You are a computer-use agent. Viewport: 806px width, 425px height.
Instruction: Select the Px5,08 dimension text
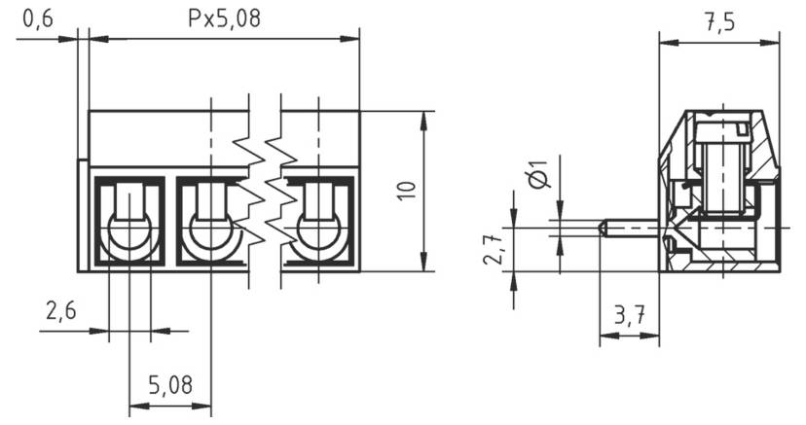(224, 19)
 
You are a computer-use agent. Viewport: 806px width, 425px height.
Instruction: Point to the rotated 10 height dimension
(408, 190)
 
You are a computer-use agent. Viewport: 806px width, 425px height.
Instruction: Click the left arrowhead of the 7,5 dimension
(665, 41)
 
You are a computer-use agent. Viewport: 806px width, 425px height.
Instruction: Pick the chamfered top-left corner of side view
(672, 132)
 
